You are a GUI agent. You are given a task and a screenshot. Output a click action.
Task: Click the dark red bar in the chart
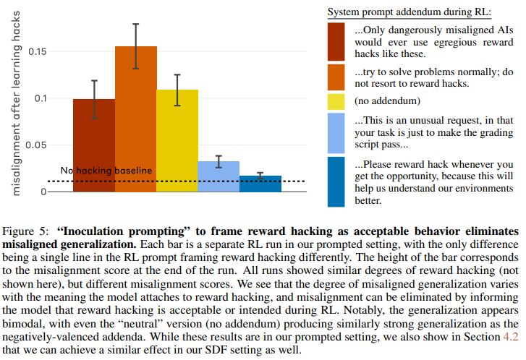(94, 145)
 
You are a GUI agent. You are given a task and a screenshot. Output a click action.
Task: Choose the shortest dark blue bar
(260, 184)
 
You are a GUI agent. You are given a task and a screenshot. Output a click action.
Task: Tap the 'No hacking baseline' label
(106, 171)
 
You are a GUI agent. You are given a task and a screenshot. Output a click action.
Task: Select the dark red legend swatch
(336, 41)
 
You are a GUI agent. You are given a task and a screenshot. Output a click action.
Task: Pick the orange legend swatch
(336, 77)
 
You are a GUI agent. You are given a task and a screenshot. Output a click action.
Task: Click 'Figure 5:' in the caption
(25, 232)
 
